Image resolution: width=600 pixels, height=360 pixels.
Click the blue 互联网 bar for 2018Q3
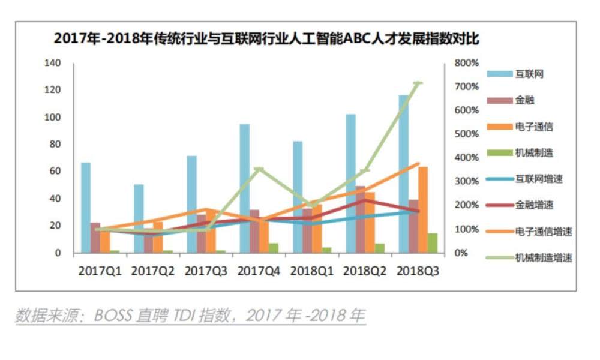point(404,174)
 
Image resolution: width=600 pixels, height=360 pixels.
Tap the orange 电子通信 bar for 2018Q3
point(423,210)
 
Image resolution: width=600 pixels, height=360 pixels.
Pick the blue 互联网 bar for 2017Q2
point(139,218)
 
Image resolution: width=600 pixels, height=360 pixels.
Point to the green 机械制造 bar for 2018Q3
point(433,243)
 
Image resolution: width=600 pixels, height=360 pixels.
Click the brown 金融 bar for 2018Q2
point(360,220)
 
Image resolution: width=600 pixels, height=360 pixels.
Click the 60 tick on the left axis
point(55,171)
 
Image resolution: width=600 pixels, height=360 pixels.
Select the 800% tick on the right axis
point(466,63)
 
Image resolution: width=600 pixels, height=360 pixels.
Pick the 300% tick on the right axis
point(466,181)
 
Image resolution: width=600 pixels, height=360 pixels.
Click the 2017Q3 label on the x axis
point(206,271)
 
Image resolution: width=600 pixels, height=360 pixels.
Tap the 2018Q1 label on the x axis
point(312,271)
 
